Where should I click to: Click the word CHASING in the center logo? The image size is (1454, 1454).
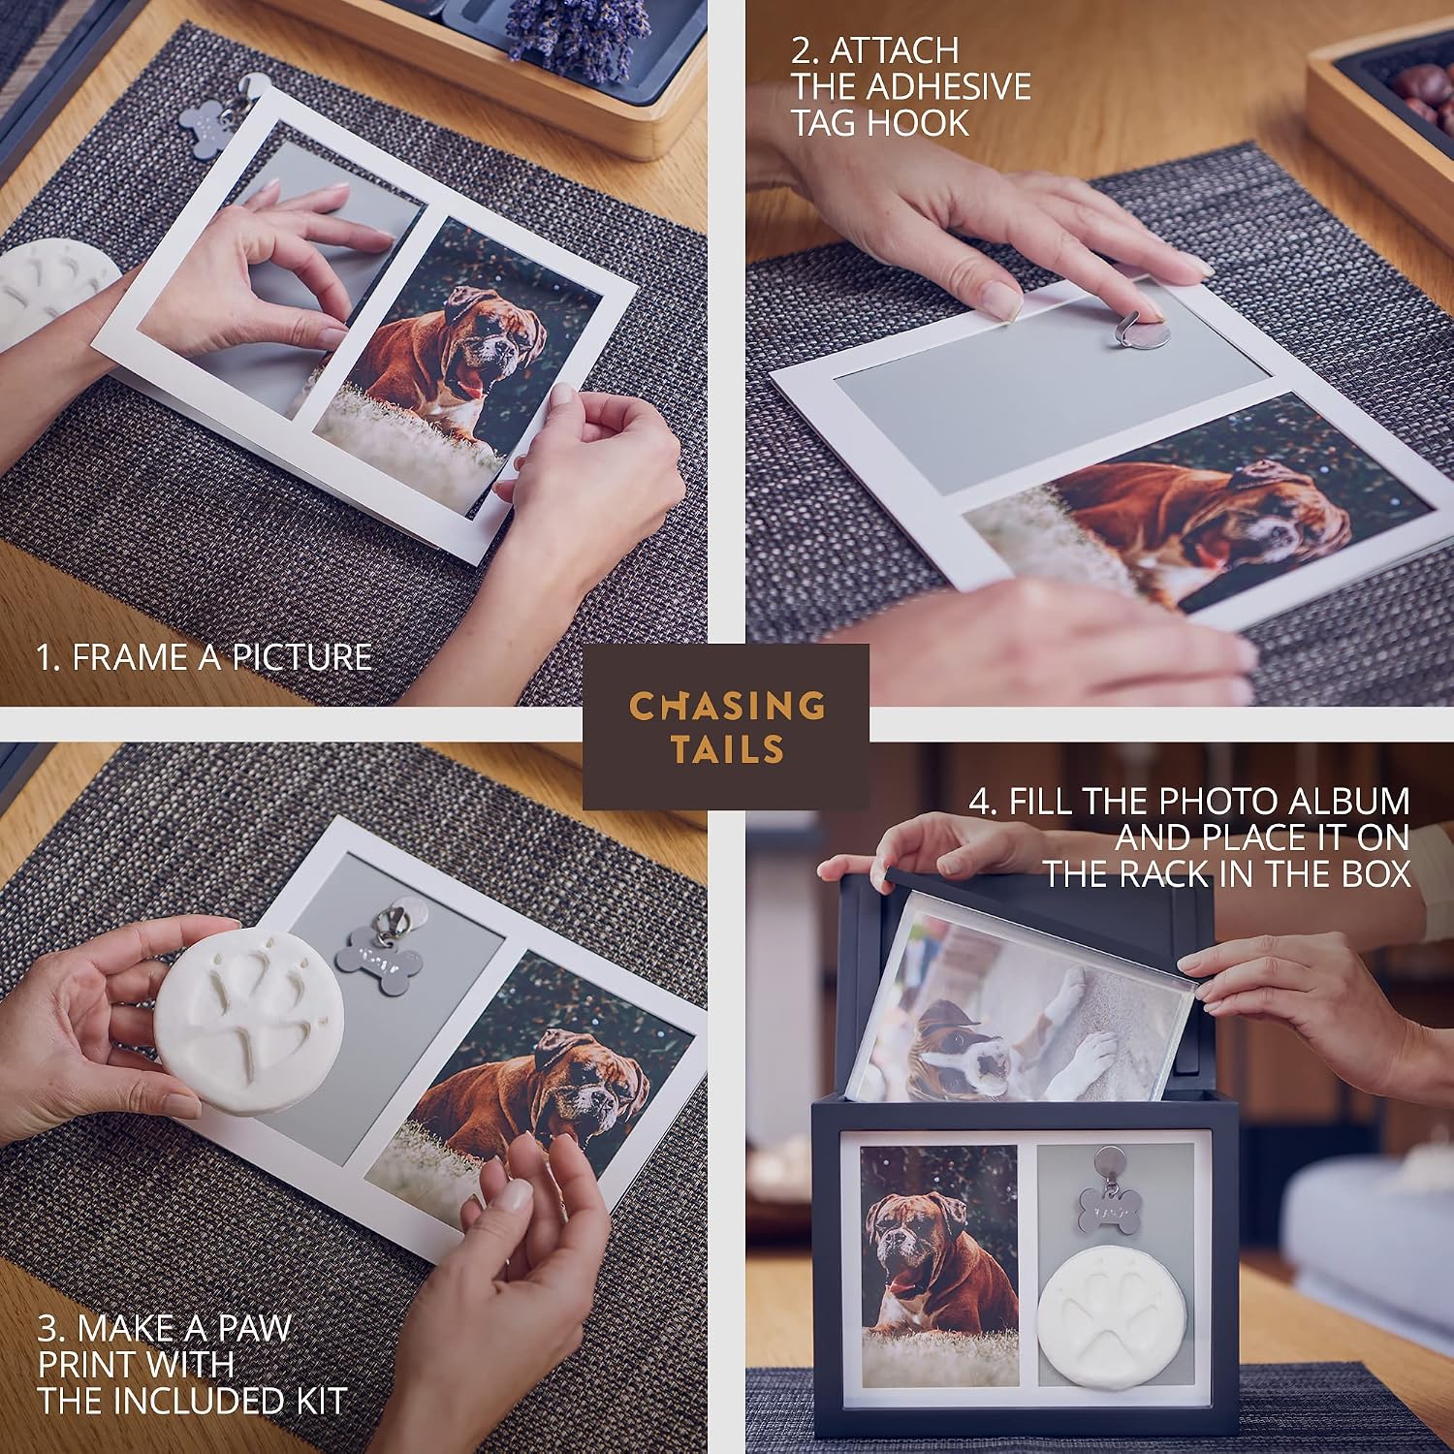coord(727,706)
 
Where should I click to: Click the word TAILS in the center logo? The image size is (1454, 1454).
coord(727,749)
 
